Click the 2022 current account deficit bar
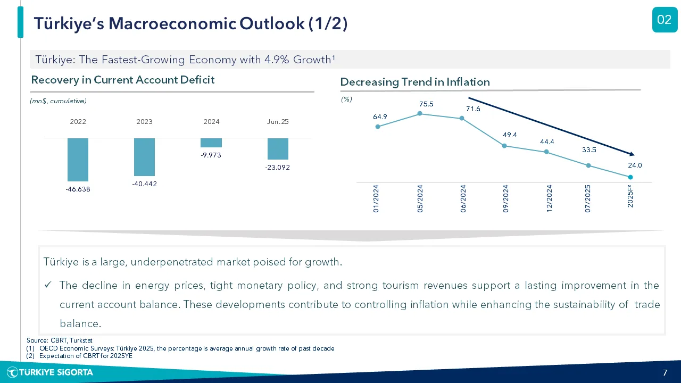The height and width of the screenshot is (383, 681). [78, 160]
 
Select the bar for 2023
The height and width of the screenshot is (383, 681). [144, 157]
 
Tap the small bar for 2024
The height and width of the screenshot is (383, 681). [211, 143]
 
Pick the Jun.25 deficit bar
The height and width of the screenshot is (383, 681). [278, 148]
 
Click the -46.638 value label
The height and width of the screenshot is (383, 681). [78, 189]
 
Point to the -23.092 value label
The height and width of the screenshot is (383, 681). [278, 168]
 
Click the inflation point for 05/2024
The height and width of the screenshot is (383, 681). [420, 113]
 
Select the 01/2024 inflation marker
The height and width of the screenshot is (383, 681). [378, 127]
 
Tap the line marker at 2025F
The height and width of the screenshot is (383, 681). [630, 177]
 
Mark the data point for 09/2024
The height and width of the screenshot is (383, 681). [504, 146]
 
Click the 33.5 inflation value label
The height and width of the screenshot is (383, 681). [589, 150]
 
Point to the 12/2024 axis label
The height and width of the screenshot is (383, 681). [549, 198]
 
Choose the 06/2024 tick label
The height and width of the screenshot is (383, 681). [463, 198]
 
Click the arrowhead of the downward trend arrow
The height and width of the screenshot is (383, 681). [632, 154]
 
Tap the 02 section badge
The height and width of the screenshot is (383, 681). [665, 20]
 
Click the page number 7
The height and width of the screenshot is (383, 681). [665, 373]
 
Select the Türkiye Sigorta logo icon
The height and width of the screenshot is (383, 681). [12, 372]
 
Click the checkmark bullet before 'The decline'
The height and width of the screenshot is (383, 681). [48, 285]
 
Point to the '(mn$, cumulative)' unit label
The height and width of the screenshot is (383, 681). [58, 101]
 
